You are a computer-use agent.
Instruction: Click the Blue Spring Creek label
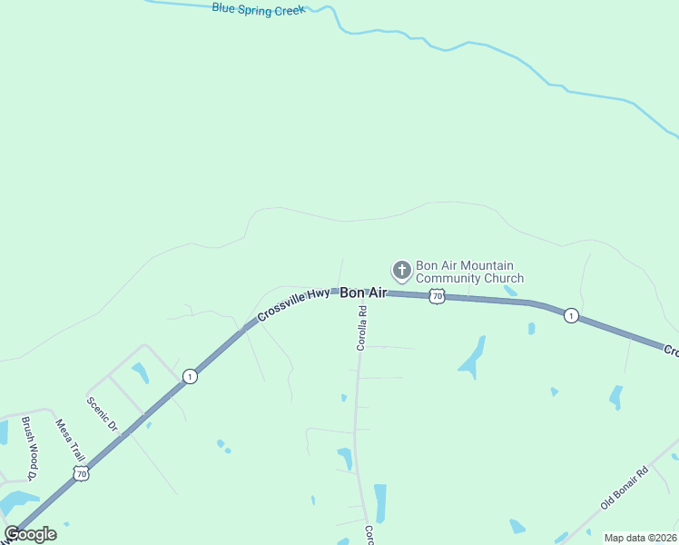[259, 9]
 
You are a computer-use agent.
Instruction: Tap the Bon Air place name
[363, 292]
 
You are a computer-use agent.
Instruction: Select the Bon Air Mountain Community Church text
[469, 272]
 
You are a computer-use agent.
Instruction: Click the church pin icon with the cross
[401, 270]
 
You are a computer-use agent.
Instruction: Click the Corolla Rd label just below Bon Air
[361, 328]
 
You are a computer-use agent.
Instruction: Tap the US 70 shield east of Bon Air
[438, 296]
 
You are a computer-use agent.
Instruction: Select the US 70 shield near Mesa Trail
[82, 473]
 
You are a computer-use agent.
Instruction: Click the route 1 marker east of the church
[570, 315]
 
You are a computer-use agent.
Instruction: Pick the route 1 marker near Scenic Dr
[189, 376]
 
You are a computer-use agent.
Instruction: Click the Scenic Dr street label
[103, 412]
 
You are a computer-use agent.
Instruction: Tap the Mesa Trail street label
[69, 440]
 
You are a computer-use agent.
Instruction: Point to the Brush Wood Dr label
[29, 448]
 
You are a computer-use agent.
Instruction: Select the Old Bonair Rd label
[625, 487]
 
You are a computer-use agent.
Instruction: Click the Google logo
[31, 534]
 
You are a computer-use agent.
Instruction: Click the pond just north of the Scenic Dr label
[140, 372]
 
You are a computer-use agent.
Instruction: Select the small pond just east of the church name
[511, 292]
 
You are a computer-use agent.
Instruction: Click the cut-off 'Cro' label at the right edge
[671, 351]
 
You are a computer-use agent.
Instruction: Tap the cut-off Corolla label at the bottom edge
[369, 535]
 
